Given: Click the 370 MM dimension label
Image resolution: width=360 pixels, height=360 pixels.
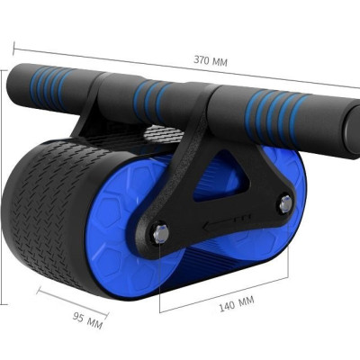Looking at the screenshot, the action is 211,60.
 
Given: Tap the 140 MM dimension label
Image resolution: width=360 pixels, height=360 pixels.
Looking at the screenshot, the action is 237,303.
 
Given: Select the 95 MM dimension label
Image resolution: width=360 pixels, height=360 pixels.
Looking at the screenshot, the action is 87,320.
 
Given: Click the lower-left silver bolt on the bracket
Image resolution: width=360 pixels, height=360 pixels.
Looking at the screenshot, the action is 161,234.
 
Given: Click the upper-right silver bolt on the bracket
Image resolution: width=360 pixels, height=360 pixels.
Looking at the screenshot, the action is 285,204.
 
